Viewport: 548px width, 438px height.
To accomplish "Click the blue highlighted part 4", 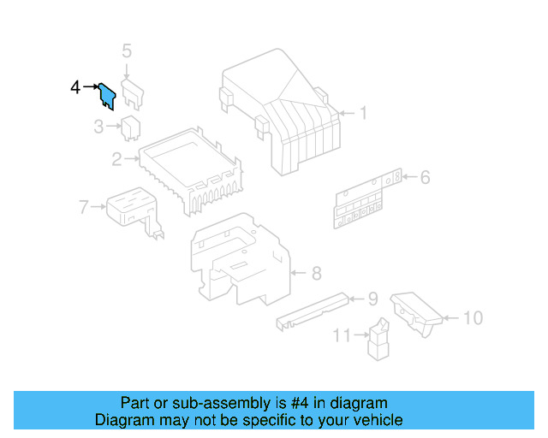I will (x=107, y=95).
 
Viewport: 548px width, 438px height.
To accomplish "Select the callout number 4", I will (x=75, y=87).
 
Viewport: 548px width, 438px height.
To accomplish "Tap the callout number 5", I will (x=127, y=51).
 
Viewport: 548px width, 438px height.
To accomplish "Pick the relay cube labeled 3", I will (x=131, y=127).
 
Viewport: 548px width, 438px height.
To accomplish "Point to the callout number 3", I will (x=99, y=127).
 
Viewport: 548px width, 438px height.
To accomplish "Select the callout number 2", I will (x=116, y=158).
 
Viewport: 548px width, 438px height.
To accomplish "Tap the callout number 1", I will (x=362, y=113).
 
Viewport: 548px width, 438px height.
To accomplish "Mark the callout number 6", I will (x=425, y=178).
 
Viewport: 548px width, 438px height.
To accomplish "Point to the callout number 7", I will (x=83, y=206).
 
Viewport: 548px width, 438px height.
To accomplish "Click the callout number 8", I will (x=316, y=274).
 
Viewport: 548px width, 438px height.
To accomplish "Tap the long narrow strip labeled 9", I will (x=313, y=309).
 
